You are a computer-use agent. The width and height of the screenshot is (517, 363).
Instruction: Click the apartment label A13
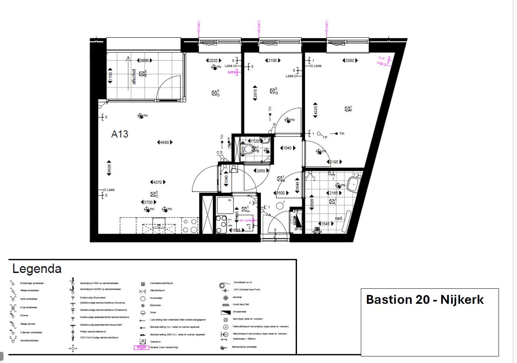120,134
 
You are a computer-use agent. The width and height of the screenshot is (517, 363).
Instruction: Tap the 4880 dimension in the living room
165,142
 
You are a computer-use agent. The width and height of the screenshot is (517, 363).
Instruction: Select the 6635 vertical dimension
109,168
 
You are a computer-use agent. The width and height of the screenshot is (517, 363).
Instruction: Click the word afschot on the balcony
134,77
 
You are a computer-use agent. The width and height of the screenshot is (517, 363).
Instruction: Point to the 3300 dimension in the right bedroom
350,60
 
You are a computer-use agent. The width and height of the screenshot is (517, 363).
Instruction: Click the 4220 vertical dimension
315,110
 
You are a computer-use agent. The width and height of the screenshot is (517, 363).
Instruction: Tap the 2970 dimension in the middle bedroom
255,93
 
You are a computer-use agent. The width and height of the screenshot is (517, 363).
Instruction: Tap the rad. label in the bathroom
339,218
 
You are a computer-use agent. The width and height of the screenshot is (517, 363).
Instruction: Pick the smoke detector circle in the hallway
280,206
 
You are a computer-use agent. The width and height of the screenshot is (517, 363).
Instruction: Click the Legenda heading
37,268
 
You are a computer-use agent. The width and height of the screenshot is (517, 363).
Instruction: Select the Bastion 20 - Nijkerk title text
425,300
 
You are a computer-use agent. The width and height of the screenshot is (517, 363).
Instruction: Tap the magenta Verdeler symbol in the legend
141,348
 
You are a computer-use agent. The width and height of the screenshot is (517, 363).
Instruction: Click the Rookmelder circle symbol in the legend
143,298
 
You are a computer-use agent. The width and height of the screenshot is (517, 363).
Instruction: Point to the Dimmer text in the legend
24,315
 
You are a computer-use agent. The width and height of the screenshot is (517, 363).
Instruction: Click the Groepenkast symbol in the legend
225,312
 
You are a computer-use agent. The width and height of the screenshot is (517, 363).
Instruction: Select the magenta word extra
232,72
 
